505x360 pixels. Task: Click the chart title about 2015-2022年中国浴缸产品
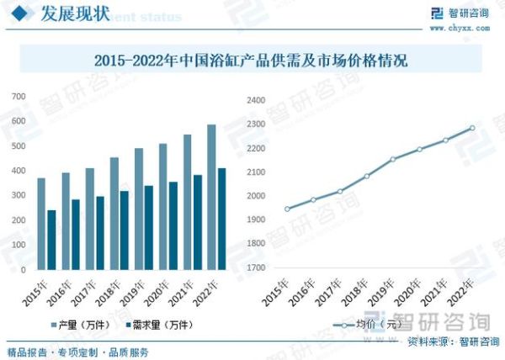(252, 61)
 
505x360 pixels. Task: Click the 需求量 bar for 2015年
(51, 240)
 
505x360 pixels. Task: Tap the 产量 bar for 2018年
(114, 214)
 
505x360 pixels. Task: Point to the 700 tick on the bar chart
(18, 98)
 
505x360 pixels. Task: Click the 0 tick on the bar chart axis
(23, 269)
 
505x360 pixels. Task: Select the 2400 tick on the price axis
(255, 100)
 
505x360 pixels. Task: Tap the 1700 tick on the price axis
(255, 268)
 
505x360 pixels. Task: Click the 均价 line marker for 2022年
(472, 128)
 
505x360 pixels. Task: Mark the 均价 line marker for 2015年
(287, 209)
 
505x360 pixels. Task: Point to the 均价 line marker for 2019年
(392, 159)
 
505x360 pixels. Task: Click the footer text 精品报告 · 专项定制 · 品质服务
(77, 352)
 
